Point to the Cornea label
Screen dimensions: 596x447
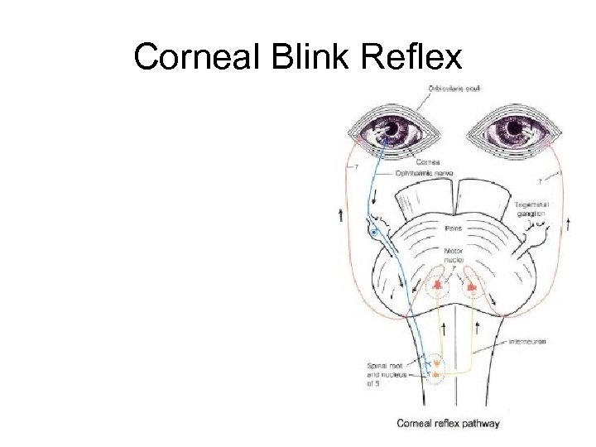pos(428,162)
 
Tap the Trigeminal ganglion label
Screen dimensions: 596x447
pos(529,209)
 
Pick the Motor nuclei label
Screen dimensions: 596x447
pos(453,256)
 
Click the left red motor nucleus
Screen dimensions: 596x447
pos(437,286)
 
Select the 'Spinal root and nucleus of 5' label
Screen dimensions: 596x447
pos(384,374)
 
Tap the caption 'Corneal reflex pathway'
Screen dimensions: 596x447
pos(448,424)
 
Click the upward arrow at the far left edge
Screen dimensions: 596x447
pos(340,216)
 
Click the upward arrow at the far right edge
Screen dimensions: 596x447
pos(568,223)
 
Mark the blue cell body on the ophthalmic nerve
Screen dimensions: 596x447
pos(375,234)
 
